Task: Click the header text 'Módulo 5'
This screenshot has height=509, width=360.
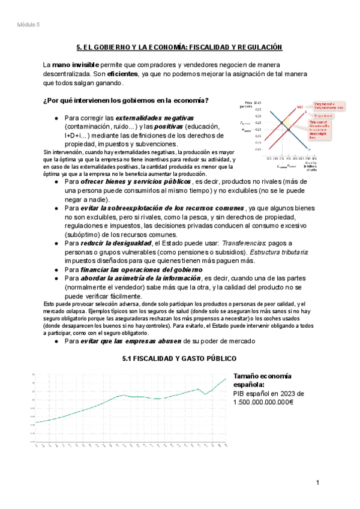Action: pos(28,25)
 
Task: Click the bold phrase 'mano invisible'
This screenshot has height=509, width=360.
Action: pos(77,64)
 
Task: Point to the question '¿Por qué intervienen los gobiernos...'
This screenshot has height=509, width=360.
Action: pos(126,100)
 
